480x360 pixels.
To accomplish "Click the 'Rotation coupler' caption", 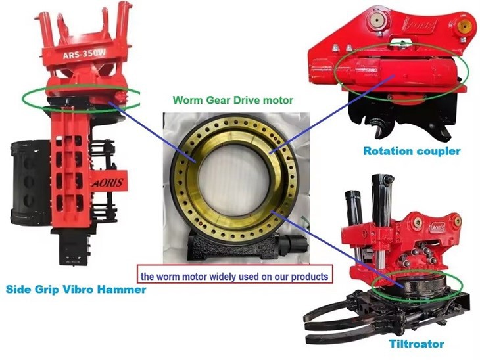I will pyautogui.click(x=412, y=151).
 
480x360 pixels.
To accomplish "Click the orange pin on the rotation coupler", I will pyautogui.click(x=464, y=28).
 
